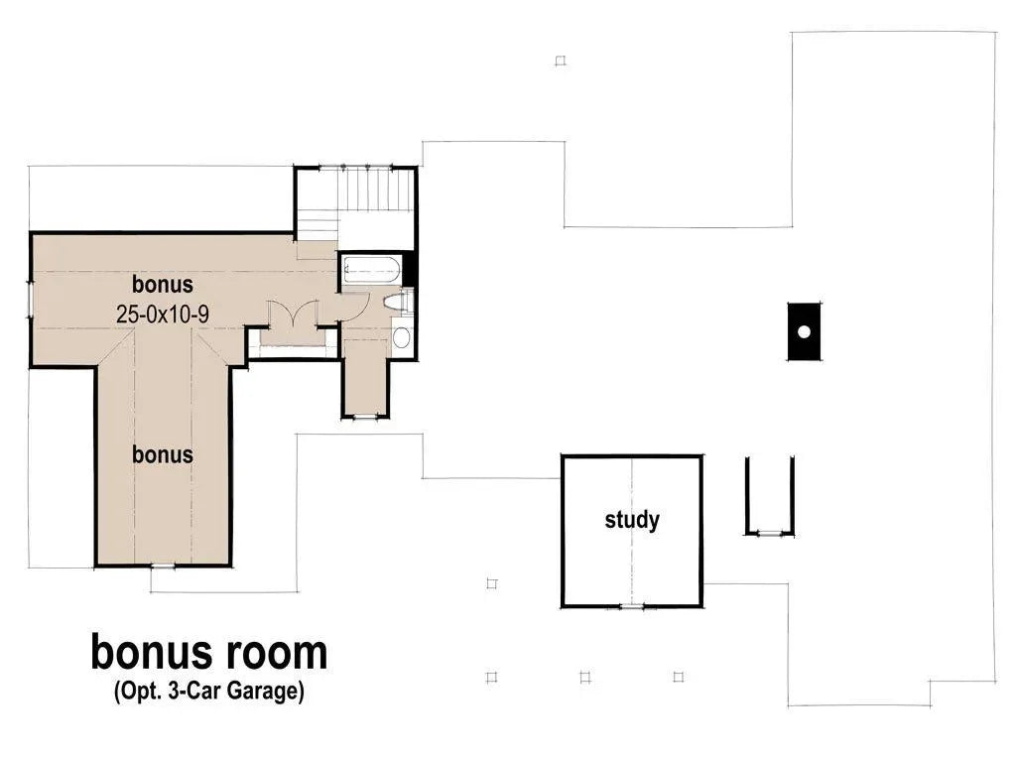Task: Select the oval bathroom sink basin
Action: tap(401, 337)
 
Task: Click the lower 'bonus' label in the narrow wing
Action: tap(163, 454)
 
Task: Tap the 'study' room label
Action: tap(632, 519)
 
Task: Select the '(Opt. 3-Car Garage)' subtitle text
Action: tap(207, 692)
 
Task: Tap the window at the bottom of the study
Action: tap(632, 606)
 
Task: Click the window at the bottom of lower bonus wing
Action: tap(162, 567)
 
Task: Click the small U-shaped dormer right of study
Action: tap(769, 496)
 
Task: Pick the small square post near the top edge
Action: tap(560, 61)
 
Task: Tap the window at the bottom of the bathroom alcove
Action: tap(366, 417)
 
